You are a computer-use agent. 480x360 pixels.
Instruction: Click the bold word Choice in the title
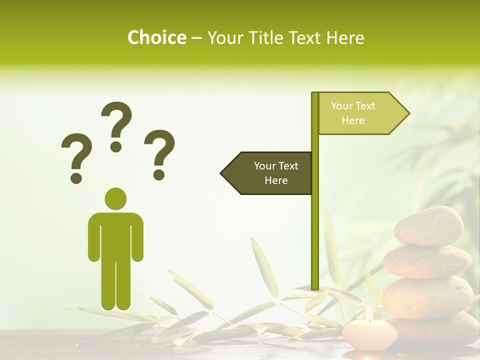tap(156, 37)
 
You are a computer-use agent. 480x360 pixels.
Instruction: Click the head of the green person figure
tap(115, 198)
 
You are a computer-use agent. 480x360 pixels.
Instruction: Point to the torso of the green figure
tap(115, 235)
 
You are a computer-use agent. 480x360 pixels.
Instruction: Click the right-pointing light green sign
tap(360, 113)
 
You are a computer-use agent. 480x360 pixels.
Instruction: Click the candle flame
tap(369, 313)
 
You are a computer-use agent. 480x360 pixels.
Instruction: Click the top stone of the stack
tap(428, 225)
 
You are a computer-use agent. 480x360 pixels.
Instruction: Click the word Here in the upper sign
tap(353, 120)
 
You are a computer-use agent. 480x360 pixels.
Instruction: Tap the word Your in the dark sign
tap(265, 166)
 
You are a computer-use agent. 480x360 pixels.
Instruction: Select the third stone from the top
tap(427, 297)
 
